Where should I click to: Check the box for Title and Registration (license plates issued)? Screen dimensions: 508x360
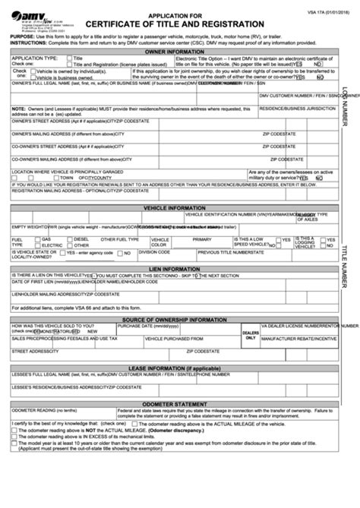point(70,64)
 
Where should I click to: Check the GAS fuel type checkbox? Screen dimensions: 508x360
point(38,239)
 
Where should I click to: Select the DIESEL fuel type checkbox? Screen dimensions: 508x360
point(70,239)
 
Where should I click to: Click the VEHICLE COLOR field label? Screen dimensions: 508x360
point(159,242)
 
